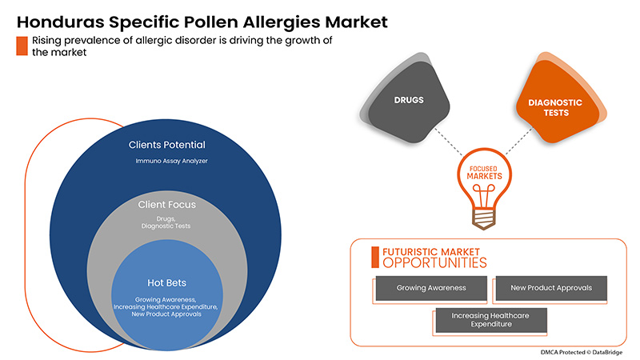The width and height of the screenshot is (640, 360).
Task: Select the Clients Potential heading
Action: pyautogui.click(x=167, y=146)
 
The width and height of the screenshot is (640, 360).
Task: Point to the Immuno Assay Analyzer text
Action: pyautogui.click(x=167, y=162)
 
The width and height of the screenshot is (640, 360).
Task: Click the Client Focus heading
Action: pyautogui.click(x=167, y=205)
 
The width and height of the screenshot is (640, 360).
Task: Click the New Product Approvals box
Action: pyautogui.click(x=550, y=287)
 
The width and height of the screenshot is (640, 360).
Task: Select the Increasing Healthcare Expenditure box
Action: pyautogui.click(x=490, y=321)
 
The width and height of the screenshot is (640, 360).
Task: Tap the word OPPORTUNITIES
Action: pyautogui.click(x=434, y=262)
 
